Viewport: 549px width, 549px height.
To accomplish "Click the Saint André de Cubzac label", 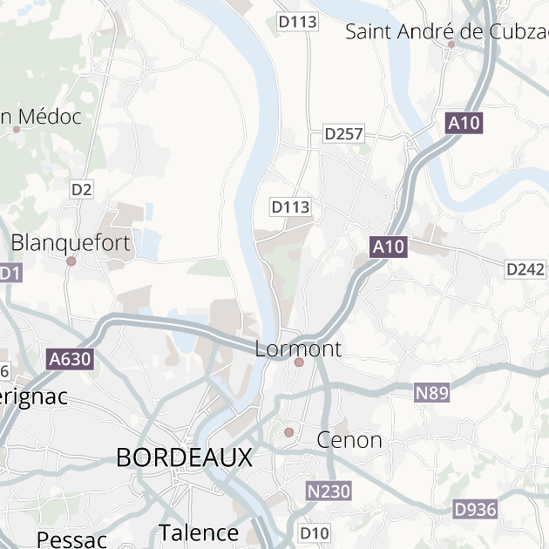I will (x=446, y=32).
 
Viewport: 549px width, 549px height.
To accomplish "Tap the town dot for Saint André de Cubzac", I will (x=451, y=44).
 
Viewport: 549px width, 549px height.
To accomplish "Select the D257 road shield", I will (x=343, y=133).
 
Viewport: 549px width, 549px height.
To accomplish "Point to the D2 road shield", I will (x=82, y=189).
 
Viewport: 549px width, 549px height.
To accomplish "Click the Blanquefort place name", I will (x=71, y=242).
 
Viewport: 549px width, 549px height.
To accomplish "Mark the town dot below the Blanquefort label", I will (x=71, y=261).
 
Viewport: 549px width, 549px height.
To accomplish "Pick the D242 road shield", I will (x=525, y=269).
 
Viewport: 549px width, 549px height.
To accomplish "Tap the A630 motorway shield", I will (x=70, y=358).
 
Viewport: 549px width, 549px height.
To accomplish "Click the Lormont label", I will (x=298, y=349).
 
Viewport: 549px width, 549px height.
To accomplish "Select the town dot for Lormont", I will (x=299, y=362).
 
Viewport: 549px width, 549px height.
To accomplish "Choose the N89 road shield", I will (x=431, y=393).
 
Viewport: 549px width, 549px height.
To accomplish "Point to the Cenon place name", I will (x=349, y=439).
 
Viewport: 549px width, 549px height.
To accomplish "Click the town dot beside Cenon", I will (x=289, y=432).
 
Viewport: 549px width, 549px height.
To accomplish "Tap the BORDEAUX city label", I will (x=184, y=457).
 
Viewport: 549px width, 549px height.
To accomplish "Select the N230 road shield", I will (x=329, y=491).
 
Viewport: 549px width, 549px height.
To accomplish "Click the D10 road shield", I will (x=315, y=532).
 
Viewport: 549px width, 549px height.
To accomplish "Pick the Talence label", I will (x=199, y=532).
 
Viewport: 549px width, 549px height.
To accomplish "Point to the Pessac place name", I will (x=71, y=539).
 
